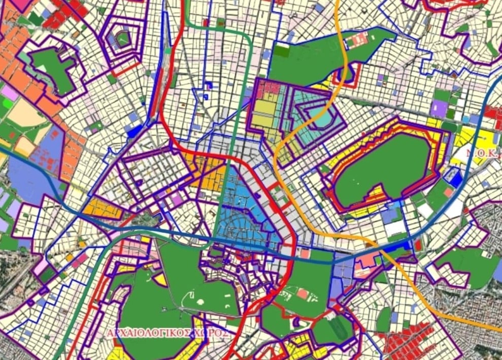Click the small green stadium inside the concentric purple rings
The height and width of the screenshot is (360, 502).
(x=122, y=38)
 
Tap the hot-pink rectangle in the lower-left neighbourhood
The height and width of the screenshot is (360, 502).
(x=80, y=261)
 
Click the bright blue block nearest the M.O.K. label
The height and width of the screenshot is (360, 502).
(x=456, y=178)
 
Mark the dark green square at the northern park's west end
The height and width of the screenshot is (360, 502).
(x=283, y=51)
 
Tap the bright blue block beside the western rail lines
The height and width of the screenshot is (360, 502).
(x=133, y=130)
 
